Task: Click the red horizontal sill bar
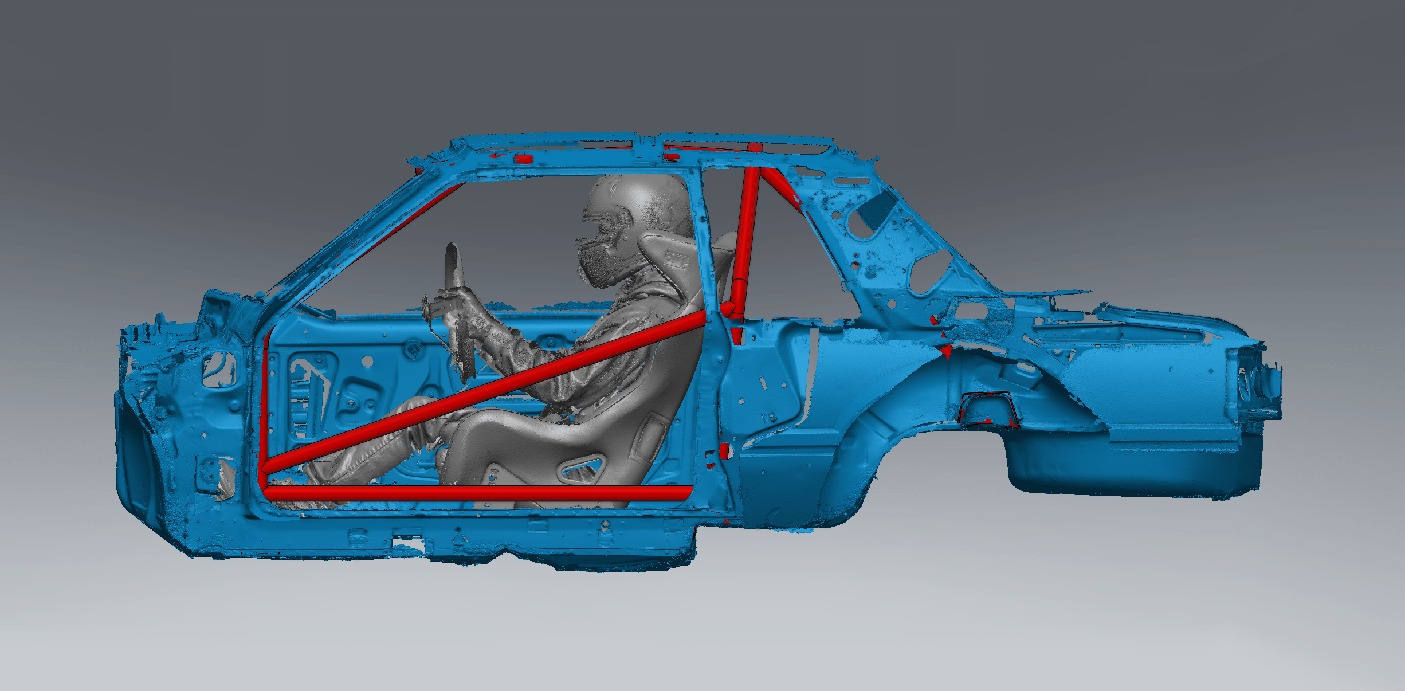coord(476,493)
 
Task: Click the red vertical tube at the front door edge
coord(265,401)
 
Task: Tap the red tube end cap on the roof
coord(756,147)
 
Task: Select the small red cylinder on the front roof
coord(523,159)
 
